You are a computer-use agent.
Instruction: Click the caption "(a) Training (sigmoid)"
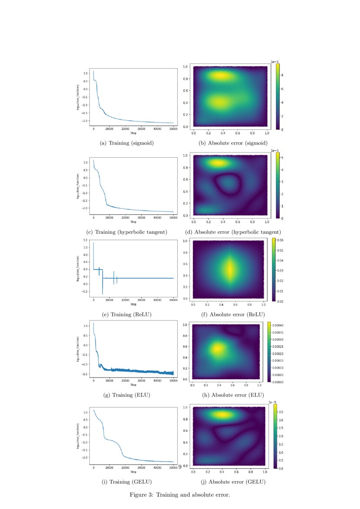pyautogui.click(x=127, y=143)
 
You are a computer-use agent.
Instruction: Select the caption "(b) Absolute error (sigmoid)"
pyautogui.click(x=233, y=143)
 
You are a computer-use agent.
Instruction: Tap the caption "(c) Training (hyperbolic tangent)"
pyautogui.click(x=127, y=232)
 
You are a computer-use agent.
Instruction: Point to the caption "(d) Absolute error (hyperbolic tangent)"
pyautogui.click(x=233, y=232)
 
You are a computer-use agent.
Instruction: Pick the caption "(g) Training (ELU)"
pyautogui.click(x=127, y=395)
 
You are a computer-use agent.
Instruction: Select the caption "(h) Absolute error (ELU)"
pyautogui.click(x=233, y=395)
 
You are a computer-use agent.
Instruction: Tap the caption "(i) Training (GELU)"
pyautogui.click(x=127, y=482)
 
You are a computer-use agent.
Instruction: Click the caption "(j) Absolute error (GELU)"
pyautogui.click(x=233, y=482)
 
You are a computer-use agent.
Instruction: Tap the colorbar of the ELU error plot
pyautogui.click(x=269, y=352)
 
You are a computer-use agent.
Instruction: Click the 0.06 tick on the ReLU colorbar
pyautogui.click(x=281, y=240)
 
